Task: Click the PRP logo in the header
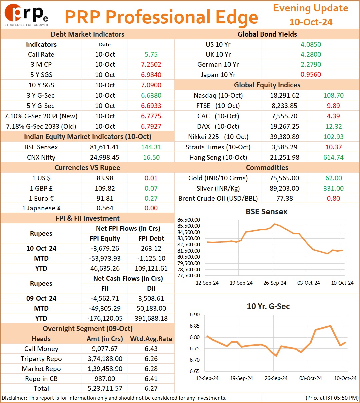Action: [26, 15]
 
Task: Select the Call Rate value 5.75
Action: [151, 54]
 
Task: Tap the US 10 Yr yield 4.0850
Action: [311, 44]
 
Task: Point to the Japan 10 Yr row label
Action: [218, 75]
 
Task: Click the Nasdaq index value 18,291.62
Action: [285, 95]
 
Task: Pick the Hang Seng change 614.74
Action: [334, 157]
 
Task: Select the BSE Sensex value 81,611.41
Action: [105, 147]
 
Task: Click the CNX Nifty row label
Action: [41, 157]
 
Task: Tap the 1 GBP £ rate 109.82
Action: [105, 188]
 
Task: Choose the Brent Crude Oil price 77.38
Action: [285, 198]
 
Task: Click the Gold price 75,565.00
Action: [284, 178]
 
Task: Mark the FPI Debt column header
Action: [151, 238]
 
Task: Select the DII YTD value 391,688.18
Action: [151, 318]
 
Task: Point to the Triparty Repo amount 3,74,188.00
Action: [105, 359]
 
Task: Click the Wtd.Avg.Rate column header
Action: [151, 339]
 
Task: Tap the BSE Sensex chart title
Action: [266, 211]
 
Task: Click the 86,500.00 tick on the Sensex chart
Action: [188, 220]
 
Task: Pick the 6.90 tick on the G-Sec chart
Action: [195, 314]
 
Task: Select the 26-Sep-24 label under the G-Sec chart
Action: [276, 378]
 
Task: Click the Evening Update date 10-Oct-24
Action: [311, 22]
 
